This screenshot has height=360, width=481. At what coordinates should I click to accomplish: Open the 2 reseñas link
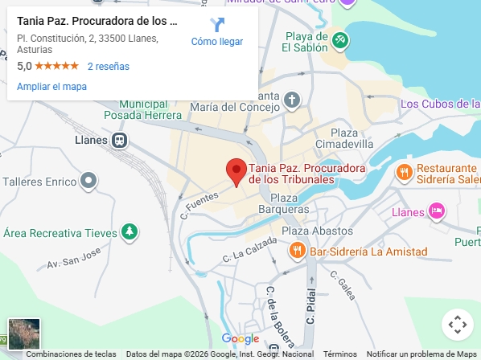(108, 67)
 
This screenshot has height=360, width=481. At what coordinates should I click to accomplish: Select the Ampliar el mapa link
(51, 87)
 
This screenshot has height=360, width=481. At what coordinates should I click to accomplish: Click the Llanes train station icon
(120, 141)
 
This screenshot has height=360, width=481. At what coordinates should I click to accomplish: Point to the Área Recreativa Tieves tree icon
(129, 233)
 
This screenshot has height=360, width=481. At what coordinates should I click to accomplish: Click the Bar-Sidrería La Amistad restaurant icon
(297, 252)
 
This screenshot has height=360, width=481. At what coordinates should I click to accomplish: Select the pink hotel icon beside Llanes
(436, 211)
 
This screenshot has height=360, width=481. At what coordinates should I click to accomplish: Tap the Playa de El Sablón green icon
(340, 39)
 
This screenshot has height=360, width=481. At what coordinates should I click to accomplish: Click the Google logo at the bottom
(240, 339)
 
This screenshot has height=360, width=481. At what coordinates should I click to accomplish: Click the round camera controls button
(457, 325)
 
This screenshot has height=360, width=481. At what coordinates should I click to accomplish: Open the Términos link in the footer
(340, 354)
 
